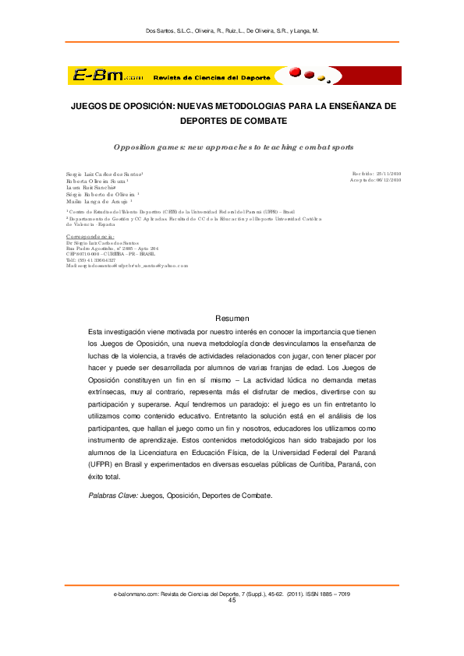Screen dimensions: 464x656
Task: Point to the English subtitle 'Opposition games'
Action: coord(140,146)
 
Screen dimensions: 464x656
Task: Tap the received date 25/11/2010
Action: coord(388,173)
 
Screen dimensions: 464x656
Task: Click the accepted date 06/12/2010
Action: coord(388,180)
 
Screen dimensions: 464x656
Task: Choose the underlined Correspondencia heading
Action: coord(85,236)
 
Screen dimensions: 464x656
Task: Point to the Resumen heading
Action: coord(232,318)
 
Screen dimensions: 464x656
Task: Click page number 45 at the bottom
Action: coord(232,601)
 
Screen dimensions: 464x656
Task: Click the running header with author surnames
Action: coord(232,31)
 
